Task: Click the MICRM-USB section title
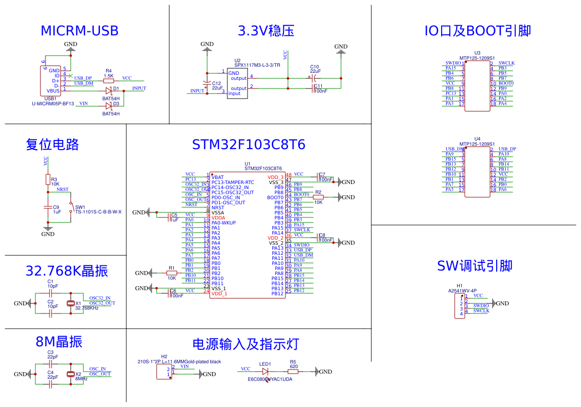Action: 79,31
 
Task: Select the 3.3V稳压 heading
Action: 266,31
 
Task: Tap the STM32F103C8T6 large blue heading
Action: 249,145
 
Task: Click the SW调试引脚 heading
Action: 474,266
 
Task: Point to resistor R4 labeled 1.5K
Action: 109,80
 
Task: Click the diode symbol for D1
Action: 109,91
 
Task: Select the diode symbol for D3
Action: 109,106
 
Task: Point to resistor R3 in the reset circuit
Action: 48,180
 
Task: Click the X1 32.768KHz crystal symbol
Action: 71,303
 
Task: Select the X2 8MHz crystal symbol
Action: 71,374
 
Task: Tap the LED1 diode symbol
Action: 265,372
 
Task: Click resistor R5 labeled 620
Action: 293,372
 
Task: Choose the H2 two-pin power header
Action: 165,373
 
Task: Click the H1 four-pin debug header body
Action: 460,306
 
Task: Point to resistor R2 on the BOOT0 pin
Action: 318,197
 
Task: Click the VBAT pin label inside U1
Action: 218,177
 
